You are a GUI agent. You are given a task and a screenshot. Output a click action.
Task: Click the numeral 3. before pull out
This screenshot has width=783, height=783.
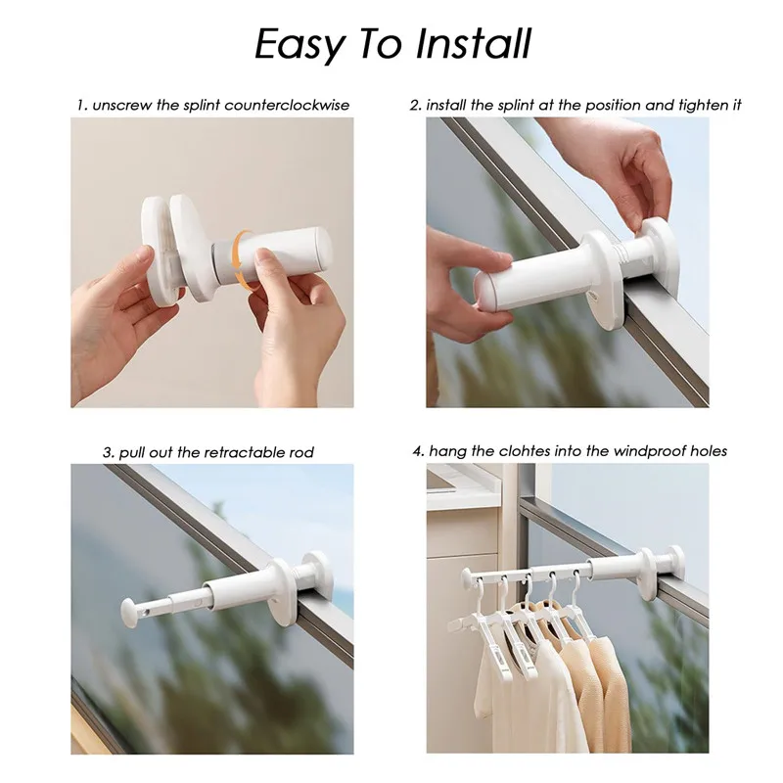[x=109, y=452]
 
